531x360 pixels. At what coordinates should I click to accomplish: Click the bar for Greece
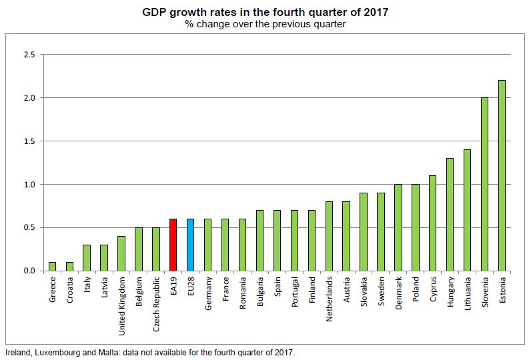53,267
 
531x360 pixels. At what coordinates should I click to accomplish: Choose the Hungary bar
450,214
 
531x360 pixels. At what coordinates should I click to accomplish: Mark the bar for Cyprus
432,223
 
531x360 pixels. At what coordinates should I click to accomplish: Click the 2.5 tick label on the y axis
29,54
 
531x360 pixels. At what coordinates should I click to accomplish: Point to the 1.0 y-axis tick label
29,184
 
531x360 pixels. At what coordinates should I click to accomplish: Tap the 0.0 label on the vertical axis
29,271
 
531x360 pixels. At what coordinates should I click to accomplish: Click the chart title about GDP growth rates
265,12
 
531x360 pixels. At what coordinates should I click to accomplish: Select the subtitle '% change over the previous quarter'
265,24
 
